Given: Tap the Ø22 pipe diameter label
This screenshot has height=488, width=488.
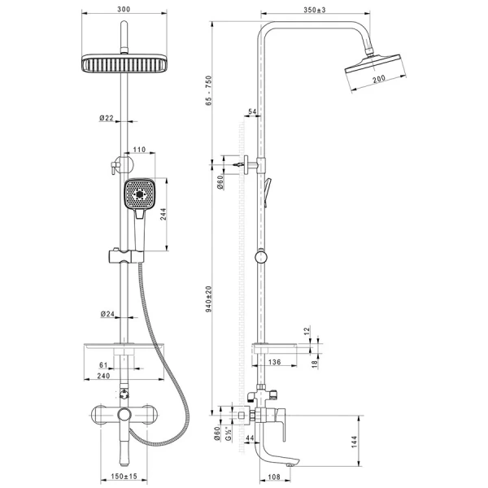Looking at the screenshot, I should tap(107, 118).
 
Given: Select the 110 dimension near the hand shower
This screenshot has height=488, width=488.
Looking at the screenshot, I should tap(138, 150).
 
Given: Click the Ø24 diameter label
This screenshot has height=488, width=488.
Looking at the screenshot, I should tap(107, 313).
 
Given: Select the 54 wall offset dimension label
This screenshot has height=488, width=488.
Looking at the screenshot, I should tap(252, 111).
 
